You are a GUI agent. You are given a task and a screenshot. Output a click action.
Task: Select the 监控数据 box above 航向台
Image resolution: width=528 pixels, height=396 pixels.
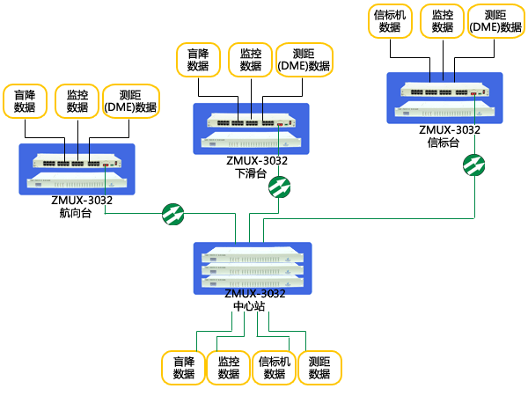(x=77, y=101)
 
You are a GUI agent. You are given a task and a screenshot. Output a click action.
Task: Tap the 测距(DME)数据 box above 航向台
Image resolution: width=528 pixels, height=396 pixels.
(x=130, y=101)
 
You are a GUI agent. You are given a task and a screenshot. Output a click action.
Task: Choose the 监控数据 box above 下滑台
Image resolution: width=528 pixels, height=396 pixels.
(x=251, y=59)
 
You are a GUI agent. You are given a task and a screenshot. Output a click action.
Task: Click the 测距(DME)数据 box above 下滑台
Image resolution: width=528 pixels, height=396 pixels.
(x=304, y=59)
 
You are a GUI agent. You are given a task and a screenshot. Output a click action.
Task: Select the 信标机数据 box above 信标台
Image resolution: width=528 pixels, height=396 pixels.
(x=390, y=20)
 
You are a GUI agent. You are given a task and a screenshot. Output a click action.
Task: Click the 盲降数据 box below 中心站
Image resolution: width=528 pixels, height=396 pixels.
(x=183, y=367)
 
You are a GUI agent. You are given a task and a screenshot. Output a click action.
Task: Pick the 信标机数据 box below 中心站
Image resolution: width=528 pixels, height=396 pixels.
(x=274, y=367)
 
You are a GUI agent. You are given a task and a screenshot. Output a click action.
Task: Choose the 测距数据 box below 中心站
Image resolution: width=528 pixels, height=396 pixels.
(x=319, y=367)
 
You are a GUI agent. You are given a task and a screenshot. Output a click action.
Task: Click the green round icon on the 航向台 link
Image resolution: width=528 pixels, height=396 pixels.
(x=172, y=213)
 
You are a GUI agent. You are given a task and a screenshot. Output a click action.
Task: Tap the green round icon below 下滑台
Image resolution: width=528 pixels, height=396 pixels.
(x=279, y=187)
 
